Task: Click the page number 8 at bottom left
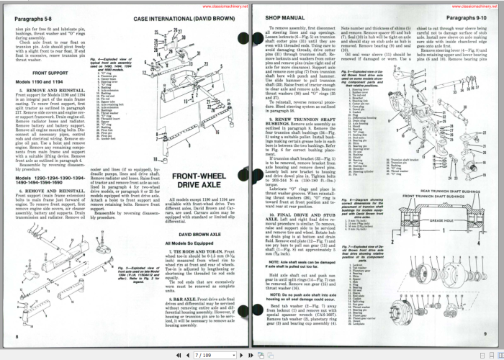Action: pos(17,336)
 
